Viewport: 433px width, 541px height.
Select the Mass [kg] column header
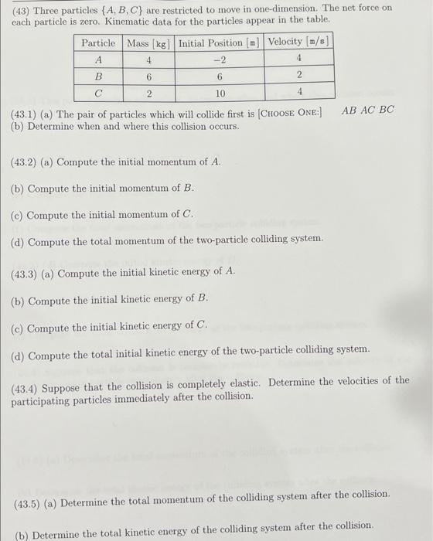click(148, 43)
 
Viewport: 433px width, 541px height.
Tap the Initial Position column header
click(220, 43)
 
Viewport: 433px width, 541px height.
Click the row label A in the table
click(98, 60)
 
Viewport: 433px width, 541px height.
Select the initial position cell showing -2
click(220, 60)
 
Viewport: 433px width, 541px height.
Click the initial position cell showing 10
click(220, 93)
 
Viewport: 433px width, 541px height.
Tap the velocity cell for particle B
click(298, 76)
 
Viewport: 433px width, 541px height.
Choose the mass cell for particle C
click(148, 93)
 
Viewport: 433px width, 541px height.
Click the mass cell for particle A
click(148, 60)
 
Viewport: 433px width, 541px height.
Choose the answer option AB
click(349, 110)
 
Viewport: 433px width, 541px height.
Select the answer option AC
click(367, 110)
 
